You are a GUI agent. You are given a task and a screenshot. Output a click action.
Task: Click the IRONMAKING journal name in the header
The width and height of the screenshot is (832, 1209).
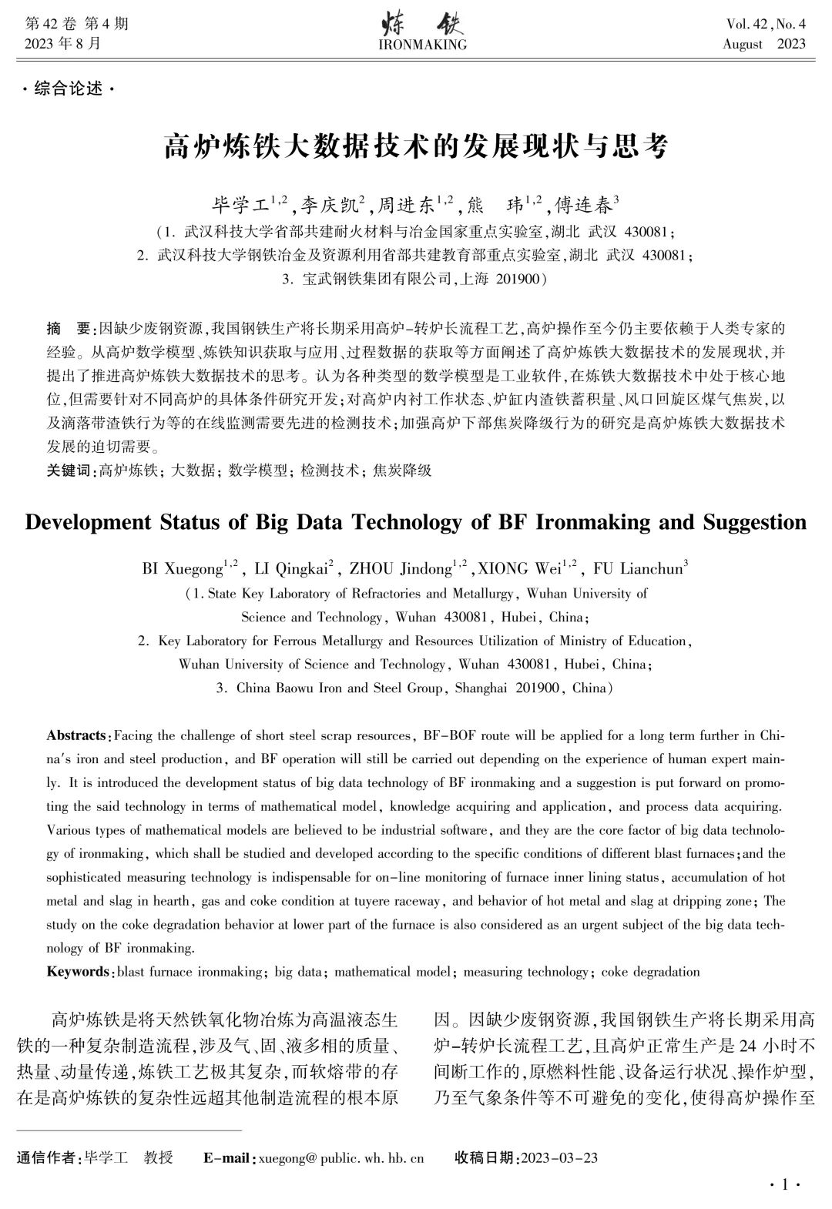click(x=423, y=45)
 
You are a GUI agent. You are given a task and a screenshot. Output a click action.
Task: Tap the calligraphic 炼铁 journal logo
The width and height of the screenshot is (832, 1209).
click(x=423, y=25)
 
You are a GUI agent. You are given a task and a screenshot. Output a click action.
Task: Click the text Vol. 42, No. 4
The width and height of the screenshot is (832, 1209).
click(x=765, y=24)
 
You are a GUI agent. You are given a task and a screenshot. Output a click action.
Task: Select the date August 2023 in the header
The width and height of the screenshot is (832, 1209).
click(x=763, y=44)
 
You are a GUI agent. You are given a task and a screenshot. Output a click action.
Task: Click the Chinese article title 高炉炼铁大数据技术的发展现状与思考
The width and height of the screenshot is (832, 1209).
click(x=416, y=146)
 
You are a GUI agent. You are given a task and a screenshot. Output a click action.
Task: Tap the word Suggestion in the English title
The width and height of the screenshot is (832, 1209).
click(x=754, y=522)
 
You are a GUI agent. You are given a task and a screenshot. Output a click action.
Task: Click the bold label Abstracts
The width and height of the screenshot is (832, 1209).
click(x=76, y=735)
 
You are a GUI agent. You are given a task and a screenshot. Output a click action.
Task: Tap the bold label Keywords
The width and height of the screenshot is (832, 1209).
click(x=78, y=971)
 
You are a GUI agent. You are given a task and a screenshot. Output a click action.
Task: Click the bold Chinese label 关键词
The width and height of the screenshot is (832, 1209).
click(x=69, y=470)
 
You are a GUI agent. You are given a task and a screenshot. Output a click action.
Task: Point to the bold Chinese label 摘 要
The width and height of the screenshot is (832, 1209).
click(x=69, y=329)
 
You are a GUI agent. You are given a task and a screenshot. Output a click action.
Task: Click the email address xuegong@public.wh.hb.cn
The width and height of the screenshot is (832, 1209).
click(x=341, y=1157)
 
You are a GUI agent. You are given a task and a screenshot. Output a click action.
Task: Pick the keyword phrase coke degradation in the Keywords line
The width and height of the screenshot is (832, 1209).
click(x=650, y=971)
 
